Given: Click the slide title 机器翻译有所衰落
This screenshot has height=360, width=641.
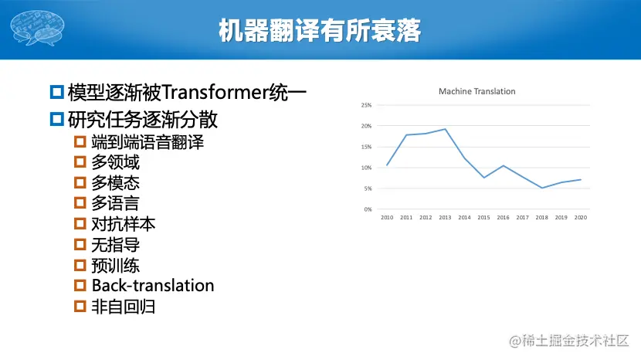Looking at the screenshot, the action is (x=320, y=30).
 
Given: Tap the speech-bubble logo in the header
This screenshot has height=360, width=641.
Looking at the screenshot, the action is (x=37, y=28).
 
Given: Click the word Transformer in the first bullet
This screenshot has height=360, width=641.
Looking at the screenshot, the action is (x=215, y=92).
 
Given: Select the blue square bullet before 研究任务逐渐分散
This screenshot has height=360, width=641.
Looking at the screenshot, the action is (x=57, y=119).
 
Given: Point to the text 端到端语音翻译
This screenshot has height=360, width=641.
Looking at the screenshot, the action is (x=148, y=142).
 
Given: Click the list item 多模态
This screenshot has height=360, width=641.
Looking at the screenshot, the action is (x=115, y=182).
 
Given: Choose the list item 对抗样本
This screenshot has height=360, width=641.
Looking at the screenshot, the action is (x=123, y=224).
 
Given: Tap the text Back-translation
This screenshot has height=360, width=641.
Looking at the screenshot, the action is (x=153, y=285).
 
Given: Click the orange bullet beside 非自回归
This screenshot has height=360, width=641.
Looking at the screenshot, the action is (x=80, y=306).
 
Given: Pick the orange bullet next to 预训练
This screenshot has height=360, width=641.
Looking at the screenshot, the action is (x=80, y=265).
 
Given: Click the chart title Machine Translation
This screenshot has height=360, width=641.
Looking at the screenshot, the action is (x=477, y=91).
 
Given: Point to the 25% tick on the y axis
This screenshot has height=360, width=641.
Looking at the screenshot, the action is (x=366, y=105).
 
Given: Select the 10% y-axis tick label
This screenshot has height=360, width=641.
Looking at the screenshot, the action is (x=366, y=168).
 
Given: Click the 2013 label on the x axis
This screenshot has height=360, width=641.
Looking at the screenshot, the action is (x=445, y=218).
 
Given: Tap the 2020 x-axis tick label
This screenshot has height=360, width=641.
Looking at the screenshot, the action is (x=581, y=218).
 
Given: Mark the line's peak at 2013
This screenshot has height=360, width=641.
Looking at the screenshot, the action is (x=445, y=129).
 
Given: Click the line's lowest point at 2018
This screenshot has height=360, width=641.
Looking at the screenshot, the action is (x=542, y=188).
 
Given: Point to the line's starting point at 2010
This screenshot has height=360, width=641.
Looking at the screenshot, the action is (x=387, y=165).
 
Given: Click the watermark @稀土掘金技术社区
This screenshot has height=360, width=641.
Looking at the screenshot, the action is (x=568, y=341).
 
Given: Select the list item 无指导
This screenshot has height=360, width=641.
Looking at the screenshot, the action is (x=115, y=245).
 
